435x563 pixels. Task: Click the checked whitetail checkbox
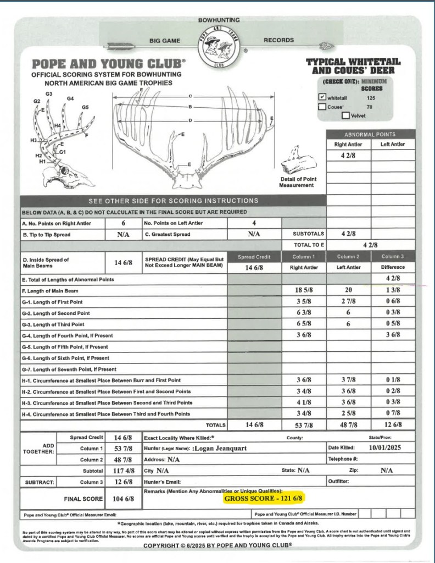coord(322,97)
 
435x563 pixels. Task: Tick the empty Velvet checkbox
coord(345,115)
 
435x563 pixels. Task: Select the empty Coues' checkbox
coord(322,107)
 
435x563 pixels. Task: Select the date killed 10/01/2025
coord(386,448)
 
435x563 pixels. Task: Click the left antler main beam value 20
coord(348,290)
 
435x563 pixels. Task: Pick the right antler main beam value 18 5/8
coord(303,290)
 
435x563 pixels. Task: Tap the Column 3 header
coord(393,257)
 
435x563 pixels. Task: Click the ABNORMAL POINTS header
coord(370,134)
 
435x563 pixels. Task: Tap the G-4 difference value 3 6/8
coord(393,335)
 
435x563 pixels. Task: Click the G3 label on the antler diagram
coord(49,94)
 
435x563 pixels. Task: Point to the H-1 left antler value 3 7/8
coord(348,380)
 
